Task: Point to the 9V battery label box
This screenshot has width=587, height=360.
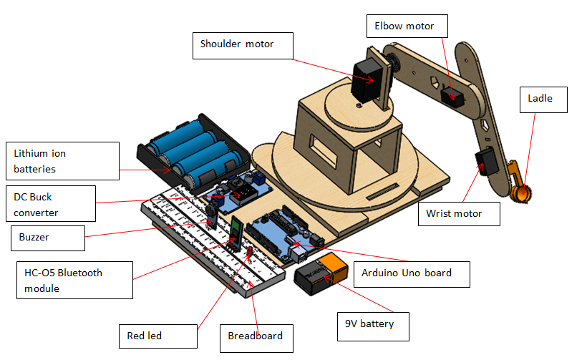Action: (x=374, y=324)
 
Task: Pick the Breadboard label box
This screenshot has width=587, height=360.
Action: (x=256, y=336)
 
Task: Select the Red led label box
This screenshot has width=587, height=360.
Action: (x=157, y=335)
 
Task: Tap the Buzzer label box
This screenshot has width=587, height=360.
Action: (x=47, y=238)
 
